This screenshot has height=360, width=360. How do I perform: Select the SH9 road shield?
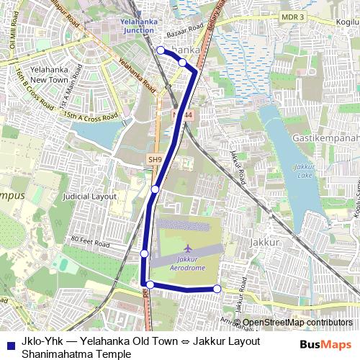click(x=154, y=160)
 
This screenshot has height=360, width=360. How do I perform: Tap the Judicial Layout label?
click(x=89, y=196)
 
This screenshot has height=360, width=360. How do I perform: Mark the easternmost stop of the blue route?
click(x=217, y=289)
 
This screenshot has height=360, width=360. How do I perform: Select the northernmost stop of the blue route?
click(x=160, y=50)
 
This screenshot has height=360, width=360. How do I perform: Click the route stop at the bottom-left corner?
click(x=150, y=284)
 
